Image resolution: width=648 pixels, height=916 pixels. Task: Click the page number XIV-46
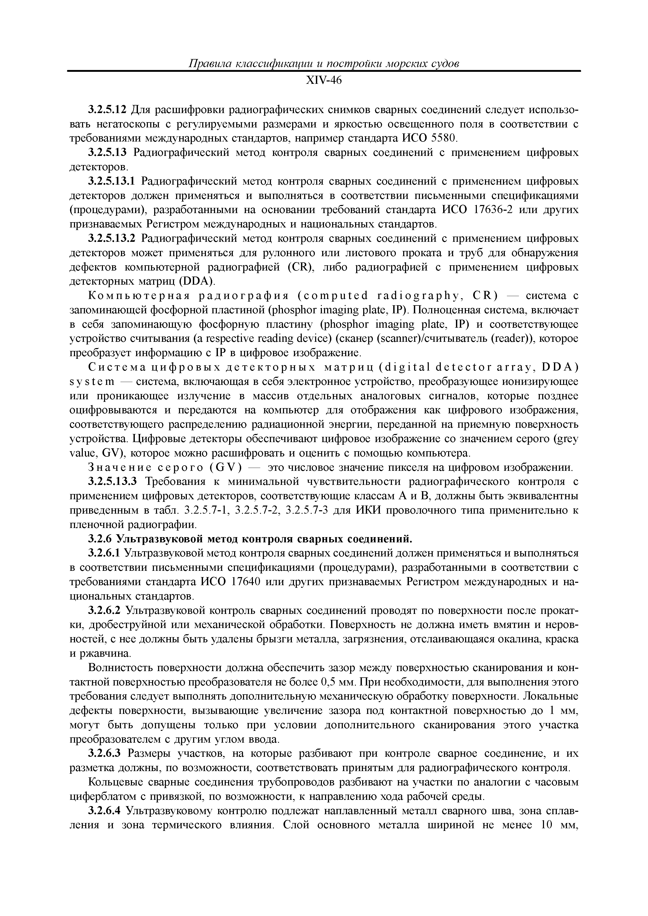(323, 81)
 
